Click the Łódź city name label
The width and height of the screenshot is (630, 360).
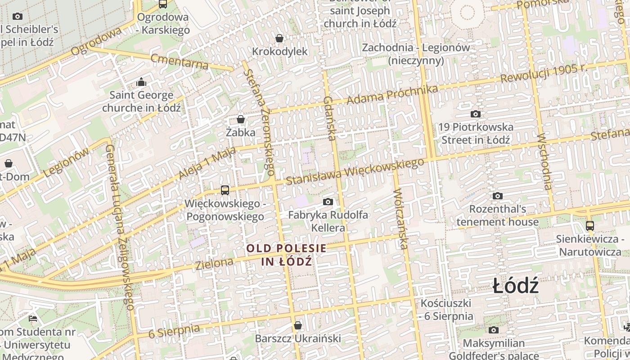(515, 286)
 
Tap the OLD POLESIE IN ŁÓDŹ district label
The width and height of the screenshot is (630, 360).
(287, 255)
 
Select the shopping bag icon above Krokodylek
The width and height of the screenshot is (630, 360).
(279, 38)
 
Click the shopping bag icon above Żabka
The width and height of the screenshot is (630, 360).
(241, 119)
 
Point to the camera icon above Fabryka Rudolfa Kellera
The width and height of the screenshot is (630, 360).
(328, 202)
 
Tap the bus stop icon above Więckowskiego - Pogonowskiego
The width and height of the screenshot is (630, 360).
(225, 190)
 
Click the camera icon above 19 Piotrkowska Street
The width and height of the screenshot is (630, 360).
(476, 114)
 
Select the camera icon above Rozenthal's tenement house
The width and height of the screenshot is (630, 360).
(497, 196)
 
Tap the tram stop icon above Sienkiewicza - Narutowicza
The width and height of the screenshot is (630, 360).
(589, 225)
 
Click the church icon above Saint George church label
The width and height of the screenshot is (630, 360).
(141, 82)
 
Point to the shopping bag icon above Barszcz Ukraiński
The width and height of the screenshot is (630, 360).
(297, 325)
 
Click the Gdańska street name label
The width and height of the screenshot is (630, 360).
(330, 118)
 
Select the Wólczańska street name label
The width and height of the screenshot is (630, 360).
(400, 219)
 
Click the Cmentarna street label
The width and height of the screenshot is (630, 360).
(180, 62)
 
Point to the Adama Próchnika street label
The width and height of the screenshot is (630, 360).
(392, 94)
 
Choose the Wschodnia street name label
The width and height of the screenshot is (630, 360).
(544, 162)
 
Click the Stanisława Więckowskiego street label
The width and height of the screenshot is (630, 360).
(355, 171)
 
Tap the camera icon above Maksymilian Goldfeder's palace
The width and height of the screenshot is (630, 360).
(494, 330)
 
